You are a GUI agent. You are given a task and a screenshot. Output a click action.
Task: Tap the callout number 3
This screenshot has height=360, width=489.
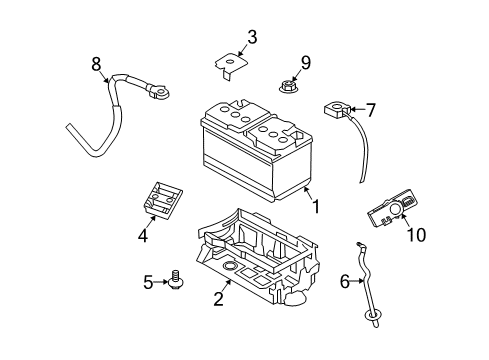[252, 38]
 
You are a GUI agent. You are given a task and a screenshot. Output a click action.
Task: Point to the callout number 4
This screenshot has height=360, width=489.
[143, 236]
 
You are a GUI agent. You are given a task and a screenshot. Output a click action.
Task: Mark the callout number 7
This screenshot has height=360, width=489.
[370, 109]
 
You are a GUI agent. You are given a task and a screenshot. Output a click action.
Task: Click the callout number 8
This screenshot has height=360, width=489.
[96, 65]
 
